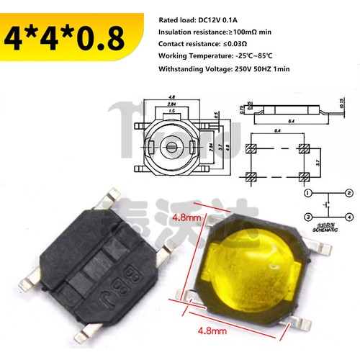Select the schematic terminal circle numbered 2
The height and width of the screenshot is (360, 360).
point(348,193)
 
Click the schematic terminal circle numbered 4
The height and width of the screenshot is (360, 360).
point(348,216)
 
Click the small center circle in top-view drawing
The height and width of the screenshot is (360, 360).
point(171,147)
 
